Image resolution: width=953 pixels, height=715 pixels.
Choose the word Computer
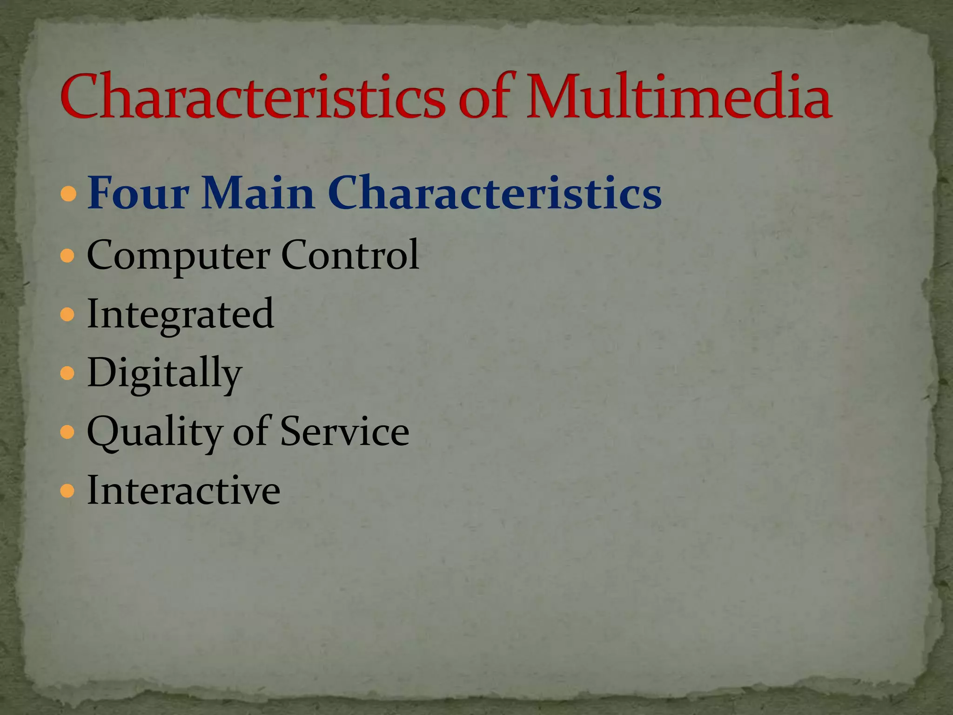pyautogui.click(x=178, y=256)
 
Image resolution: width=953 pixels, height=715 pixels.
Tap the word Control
pyautogui.click(x=350, y=255)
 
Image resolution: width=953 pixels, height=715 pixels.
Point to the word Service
pyautogui.click(x=345, y=432)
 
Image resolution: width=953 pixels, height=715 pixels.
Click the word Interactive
pyautogui.click(x=184, y=490)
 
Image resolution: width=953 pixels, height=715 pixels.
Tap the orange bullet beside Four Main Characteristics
pyautogui.click(x=68, y=194)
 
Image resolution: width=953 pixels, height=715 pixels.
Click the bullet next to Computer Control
pyautogui.click(x=68, y=256)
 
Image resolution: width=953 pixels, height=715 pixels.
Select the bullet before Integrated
pyautogui.click(x=68, y=315)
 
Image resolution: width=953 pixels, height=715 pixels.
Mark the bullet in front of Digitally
pyautogui.click(x=68, y=373)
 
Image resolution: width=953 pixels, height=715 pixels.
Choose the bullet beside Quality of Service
pyautogui.click(x=68, y=432)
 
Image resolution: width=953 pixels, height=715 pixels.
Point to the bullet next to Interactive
pyautogui.click(x=68, y=491)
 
